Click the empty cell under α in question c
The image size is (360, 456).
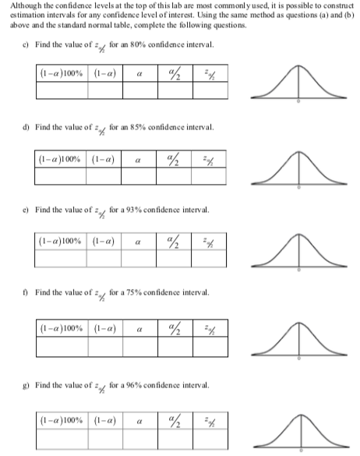[138, 90]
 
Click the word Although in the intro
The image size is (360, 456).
[19, 5]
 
